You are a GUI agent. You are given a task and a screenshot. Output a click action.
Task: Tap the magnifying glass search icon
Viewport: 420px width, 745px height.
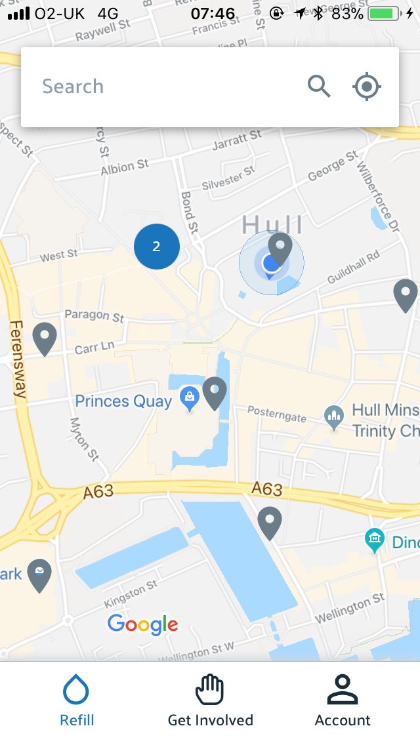319,86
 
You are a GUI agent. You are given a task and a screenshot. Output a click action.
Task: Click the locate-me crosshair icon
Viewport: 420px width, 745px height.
367,86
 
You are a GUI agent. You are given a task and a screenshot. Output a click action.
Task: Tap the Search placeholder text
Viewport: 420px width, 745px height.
73,87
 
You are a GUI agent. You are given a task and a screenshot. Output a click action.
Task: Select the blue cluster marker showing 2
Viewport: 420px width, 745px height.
156,247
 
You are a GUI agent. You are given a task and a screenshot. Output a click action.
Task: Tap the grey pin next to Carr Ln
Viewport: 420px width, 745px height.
45,338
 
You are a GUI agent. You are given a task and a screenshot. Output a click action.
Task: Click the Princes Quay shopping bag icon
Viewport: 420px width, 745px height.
190,399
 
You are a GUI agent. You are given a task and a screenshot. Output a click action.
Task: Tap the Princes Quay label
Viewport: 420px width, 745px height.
123,401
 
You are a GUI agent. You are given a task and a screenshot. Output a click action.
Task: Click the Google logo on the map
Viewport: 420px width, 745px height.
142,624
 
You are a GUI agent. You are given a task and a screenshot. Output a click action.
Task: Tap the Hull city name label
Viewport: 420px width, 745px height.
272,224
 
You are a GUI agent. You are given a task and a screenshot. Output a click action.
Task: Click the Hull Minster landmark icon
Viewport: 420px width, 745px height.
334,418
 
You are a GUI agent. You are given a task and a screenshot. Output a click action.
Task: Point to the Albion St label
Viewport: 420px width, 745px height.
125,167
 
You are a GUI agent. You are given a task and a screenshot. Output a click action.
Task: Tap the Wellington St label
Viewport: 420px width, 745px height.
350,609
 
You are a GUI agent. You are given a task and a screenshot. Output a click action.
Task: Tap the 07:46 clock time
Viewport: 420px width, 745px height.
213,13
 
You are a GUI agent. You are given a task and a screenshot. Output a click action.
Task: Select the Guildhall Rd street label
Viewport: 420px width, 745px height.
354,266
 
